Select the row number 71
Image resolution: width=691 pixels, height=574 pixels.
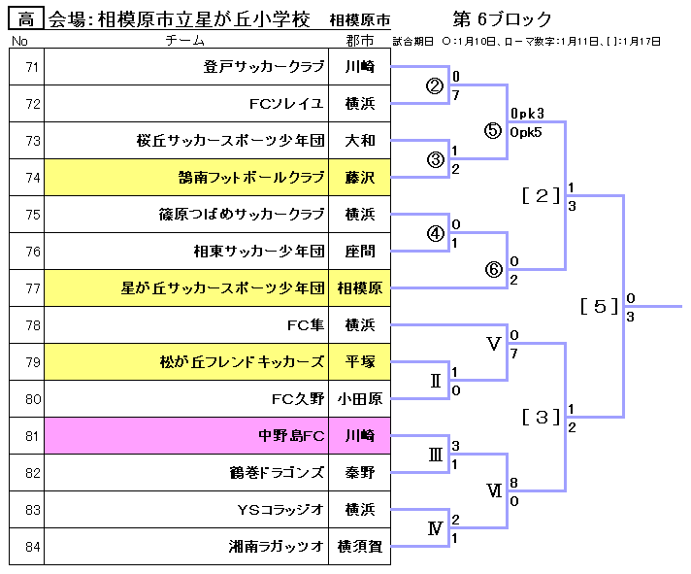[x=33, y=67]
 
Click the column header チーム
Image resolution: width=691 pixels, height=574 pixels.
[x=184, y=41]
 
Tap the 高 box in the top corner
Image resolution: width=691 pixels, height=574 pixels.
[x=26, y=18]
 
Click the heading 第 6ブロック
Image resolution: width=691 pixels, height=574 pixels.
[x=503, y=18]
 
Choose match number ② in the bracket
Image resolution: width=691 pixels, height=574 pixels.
[x=435, y=84]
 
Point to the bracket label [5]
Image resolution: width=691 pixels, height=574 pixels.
[x=599, y=306]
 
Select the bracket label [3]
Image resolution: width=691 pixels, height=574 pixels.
[x=542, y=417]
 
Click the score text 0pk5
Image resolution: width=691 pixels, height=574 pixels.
[x=527, y=132]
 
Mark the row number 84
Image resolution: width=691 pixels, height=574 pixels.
[x=33, y=546]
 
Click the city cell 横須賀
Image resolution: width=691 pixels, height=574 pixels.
[x=360, y=546]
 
